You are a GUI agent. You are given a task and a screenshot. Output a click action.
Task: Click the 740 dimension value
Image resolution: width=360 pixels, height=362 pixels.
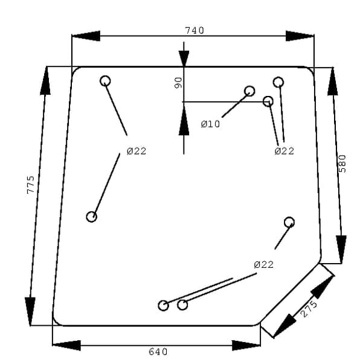click(194, 31)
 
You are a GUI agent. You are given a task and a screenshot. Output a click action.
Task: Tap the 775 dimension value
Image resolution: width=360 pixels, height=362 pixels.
click(30, 185)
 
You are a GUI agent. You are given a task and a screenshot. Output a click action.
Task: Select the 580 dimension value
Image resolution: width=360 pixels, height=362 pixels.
click(342, 164)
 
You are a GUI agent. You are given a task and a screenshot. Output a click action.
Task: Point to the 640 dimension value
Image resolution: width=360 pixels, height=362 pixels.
click(158, 352)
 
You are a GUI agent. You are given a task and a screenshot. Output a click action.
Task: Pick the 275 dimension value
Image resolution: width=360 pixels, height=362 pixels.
click(309, 309)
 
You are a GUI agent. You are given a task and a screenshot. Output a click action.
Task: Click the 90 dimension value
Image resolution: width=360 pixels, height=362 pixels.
click(178, 83)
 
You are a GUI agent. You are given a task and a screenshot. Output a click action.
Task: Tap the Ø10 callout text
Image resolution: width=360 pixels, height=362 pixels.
click(210, 124)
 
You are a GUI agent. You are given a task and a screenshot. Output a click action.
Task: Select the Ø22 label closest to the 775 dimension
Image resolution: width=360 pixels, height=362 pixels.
click(137, 151)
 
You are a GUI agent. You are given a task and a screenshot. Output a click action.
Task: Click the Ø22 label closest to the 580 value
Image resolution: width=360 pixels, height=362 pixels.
click(284, 151)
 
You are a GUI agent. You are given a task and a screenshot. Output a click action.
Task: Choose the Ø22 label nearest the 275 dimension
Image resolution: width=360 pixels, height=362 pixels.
click(263, 265)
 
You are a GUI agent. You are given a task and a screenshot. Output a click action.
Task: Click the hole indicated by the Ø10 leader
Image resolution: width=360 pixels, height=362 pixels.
click(249, 91)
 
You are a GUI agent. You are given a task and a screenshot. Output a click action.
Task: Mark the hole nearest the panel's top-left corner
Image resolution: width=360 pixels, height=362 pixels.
click(105, 81)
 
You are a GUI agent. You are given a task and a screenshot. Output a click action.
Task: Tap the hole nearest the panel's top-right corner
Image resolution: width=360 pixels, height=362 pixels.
click(278, 82)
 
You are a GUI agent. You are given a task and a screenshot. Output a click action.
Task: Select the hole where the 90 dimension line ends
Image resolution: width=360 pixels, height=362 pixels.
click(268, 101)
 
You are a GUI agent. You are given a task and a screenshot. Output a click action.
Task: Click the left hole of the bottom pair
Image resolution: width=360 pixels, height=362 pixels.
click(163, 305)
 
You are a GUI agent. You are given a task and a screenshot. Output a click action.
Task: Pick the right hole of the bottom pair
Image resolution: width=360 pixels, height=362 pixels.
click(182, 305)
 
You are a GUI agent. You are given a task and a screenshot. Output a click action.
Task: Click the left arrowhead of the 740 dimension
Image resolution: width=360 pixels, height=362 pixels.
click(86, 36)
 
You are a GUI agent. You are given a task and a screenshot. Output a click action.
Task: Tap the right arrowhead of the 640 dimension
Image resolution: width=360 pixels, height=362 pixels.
click(246, 345)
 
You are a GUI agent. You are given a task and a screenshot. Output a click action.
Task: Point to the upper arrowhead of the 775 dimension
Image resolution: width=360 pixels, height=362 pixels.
click(45, 81)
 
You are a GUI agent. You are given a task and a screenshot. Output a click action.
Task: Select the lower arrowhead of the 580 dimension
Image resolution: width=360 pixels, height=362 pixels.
click(341, 249)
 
